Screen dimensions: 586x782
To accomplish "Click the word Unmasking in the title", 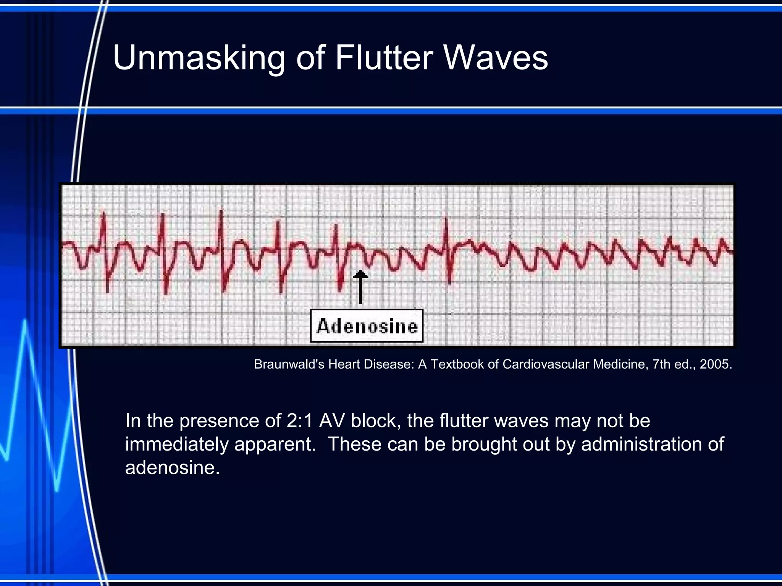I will pyautogui.click(x=199, y=58).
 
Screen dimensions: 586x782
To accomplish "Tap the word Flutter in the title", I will pyautogui.click(x=383, y=58).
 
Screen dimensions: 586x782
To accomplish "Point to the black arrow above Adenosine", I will pyautogui.click(x=360, y=286).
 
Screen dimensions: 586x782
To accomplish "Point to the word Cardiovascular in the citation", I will pyautogui.click(x=547, y=364).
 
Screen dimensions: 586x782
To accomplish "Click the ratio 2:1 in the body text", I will pyautogui.click(x=300, y=421).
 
